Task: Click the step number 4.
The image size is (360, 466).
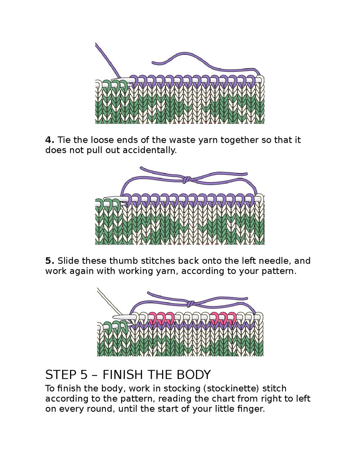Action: click(49, 140)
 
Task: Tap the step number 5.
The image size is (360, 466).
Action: click(49, 261)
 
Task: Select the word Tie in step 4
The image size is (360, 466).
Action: click(64, 140)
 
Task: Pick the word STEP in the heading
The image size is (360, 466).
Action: click(60, 375)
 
